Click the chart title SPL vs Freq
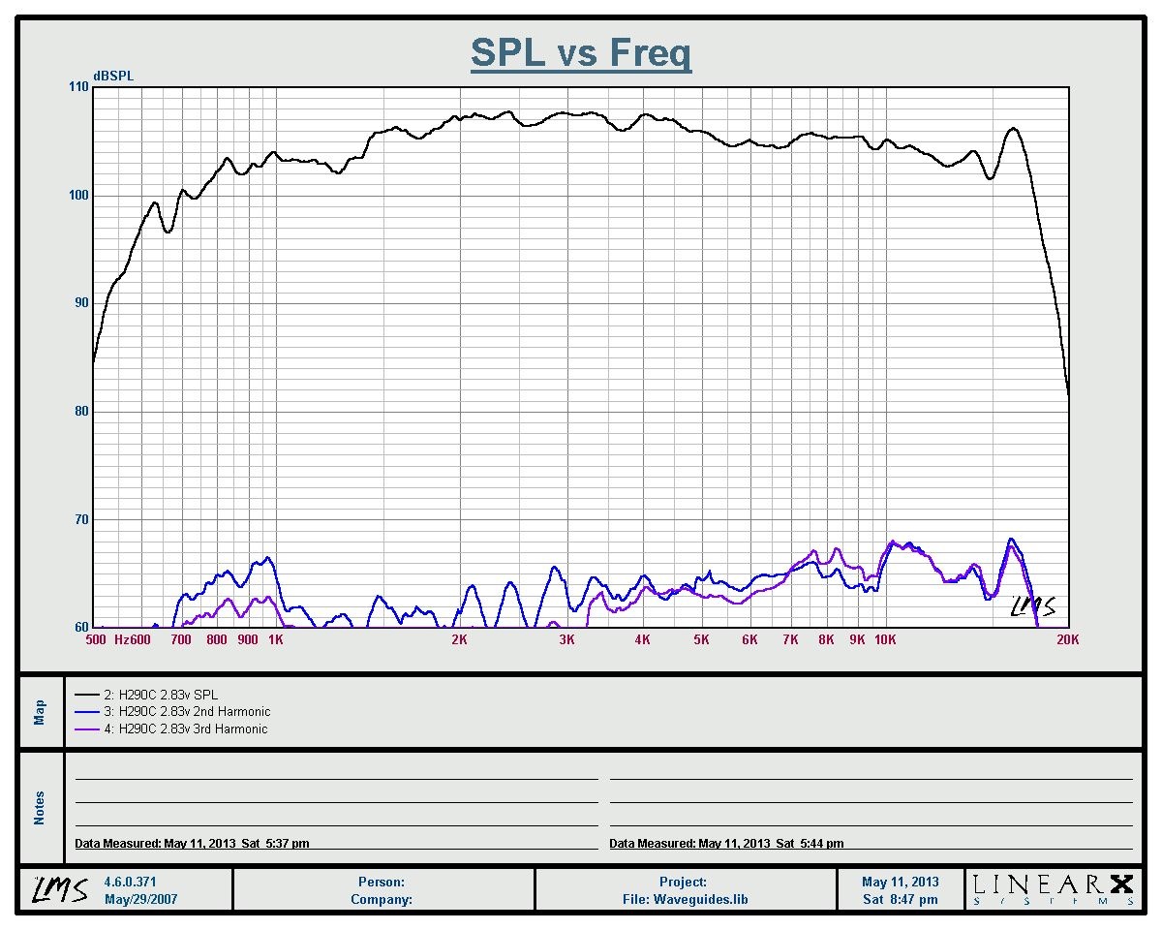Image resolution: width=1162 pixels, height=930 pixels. pos(581,52)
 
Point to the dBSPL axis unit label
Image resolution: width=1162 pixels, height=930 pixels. pos(113,77)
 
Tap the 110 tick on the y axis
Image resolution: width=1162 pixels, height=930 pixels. pos(78,87)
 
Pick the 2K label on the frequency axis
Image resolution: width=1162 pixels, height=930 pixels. pos(459,639)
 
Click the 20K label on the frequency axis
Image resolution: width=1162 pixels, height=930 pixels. pos(1068,639)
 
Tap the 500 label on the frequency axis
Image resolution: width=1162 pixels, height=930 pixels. pos(96,639)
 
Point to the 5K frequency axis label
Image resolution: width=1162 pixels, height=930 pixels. pos(701,639)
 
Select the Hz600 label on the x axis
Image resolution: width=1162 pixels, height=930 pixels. pos(134,639)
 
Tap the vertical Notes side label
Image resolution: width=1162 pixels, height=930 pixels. pos(40,808)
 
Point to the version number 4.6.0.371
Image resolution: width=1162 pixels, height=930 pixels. pos(130,883)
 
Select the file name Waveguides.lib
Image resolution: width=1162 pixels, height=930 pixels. pos(685,899)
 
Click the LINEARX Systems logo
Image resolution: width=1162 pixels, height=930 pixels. pos(1052,889)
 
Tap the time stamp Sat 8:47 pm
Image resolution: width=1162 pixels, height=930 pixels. pos(901,899)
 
